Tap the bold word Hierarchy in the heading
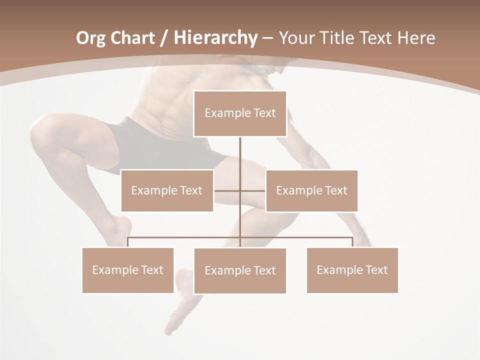(x=215, y=38)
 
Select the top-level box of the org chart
(x=240, y=113)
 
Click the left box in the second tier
(x=167, y=190)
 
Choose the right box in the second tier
(x=311, y=190)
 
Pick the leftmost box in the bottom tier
(x=128, y=270)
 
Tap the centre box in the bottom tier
(x=240, y=270)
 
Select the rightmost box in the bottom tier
(x=352, y=270)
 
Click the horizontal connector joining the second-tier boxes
(x=227, y=190)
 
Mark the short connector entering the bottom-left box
(x=128, y=242)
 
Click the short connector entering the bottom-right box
(x=352, y=242)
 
